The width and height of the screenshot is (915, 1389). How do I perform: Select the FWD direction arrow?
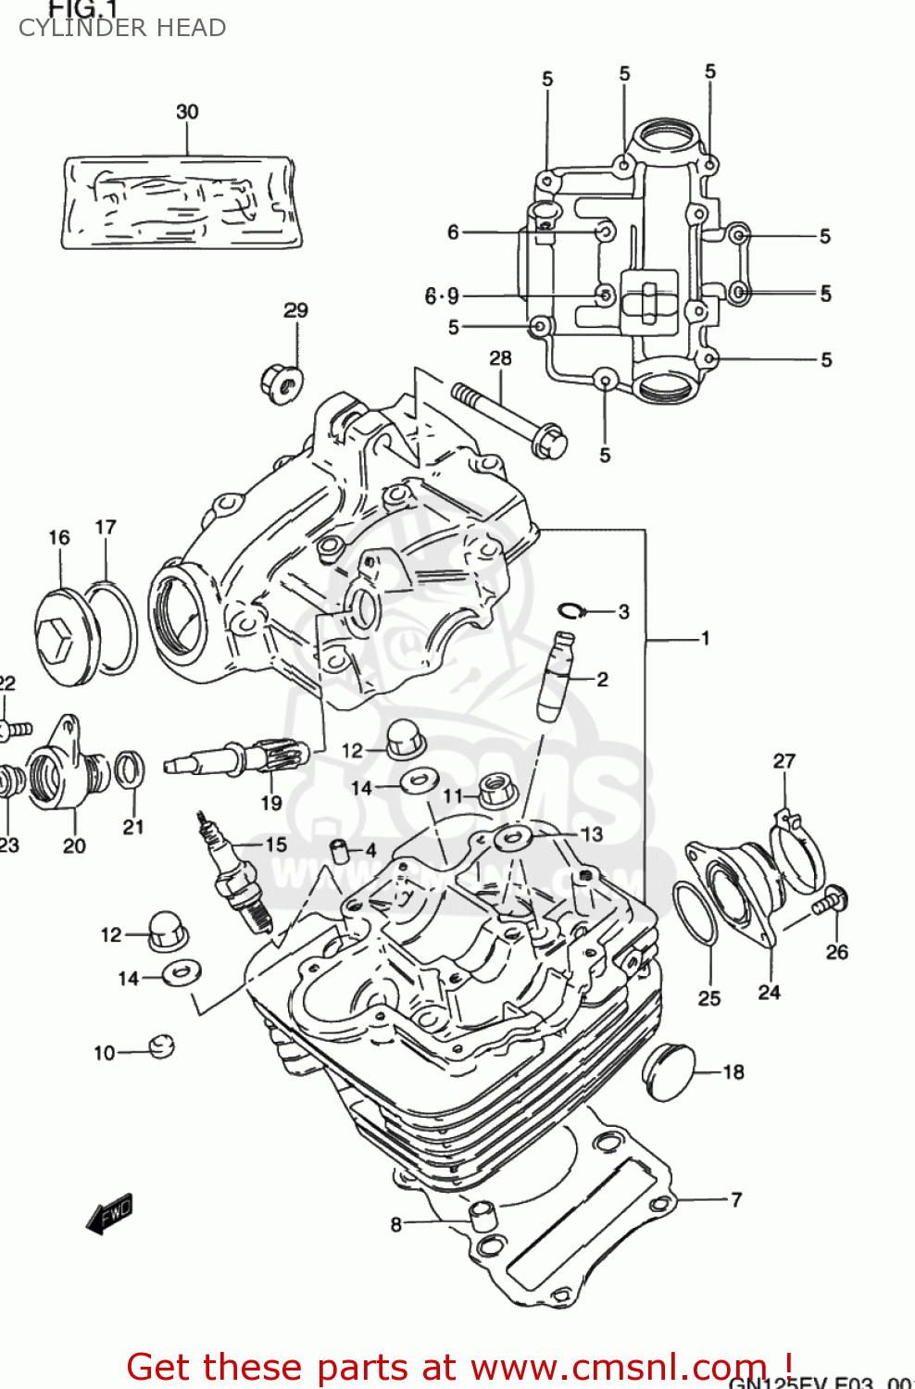pos(110,1213)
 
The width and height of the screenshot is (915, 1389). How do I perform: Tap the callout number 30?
pos(187,112)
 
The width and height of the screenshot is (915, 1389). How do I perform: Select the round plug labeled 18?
pos(669,1071)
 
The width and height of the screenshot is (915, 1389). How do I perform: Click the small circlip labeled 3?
pos(571,610)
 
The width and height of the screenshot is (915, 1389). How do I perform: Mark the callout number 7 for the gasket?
pos(736,1200)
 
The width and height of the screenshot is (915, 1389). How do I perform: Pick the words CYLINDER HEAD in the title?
pos(122,29)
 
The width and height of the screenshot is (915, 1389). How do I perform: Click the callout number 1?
pos(705,638)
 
